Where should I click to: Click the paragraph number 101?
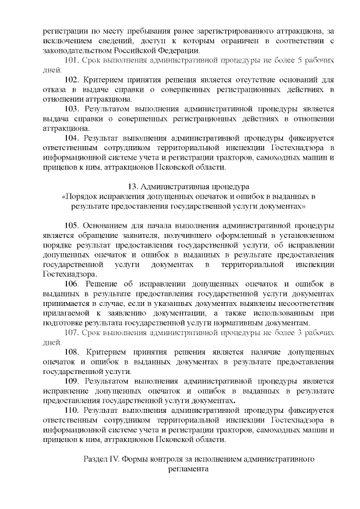pyautogui.click(x=73, y=60)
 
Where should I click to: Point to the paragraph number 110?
pyautogui.click(x=72, y=411)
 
